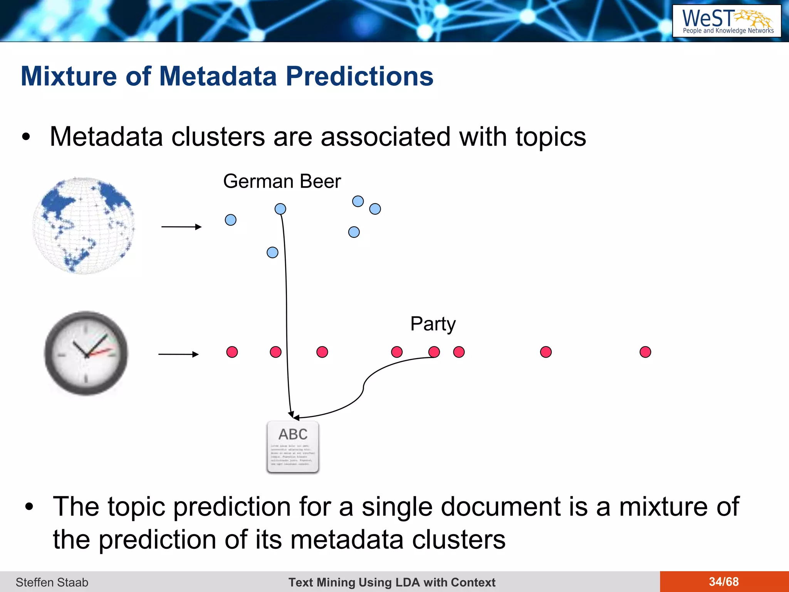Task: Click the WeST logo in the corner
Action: click(x=727, y=21)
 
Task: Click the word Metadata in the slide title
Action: click(x=218, y=76)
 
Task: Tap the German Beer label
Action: click(x=282, y=182)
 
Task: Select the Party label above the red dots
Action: click(x=433, y=324)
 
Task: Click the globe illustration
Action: click(x=84, y=225)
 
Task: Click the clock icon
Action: click(x=86, y=353)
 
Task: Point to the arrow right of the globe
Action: click(x=181, y=227)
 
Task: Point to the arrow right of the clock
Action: click(x=178, y=354)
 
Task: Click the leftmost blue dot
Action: click(x=230, y=220)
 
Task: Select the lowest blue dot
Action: click(x=272, y=252)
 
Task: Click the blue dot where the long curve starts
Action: click(x=280, y=209)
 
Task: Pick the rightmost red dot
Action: click(x=645, y=352)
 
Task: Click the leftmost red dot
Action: click(x=232, y=352)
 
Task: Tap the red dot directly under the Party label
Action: click(x=434, y=352)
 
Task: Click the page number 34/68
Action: click(x=724, y=582)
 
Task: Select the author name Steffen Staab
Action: click(x=52, y=582)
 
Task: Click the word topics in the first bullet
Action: click(x=551, y=137)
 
